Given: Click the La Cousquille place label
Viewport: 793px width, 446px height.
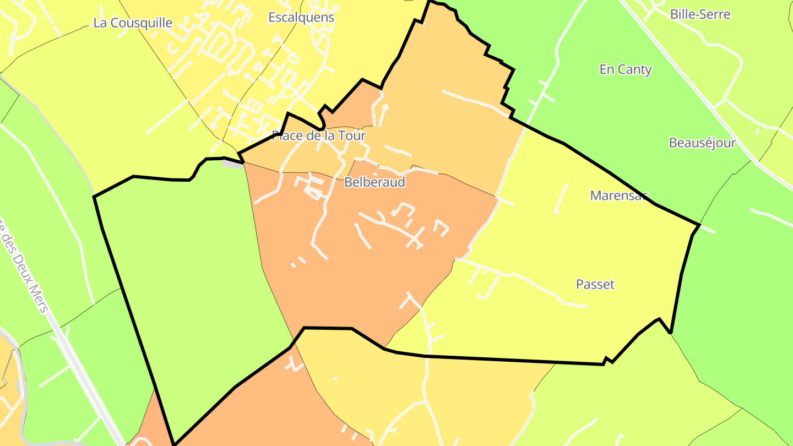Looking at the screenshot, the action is [x=133, y=23].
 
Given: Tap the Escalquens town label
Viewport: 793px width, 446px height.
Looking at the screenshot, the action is [x=301, y=17].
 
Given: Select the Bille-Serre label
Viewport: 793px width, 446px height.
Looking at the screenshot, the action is [x=700, y=14].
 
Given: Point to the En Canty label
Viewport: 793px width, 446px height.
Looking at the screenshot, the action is [x=625, y=69].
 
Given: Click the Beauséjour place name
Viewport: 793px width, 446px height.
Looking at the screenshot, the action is [x=702, y=143].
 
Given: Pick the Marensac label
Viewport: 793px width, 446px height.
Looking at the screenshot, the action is [x=619, y=195].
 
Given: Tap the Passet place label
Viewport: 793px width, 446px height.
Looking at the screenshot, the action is [x=595, y=284].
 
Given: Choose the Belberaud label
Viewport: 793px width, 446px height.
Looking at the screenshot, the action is [x=374, y=182].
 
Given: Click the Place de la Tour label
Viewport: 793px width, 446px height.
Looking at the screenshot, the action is [x=319, y=135].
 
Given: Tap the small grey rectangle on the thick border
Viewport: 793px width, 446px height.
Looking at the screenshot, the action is [x=232, y=163].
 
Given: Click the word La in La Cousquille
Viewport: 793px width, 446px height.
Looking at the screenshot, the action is [x=100, y=23].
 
